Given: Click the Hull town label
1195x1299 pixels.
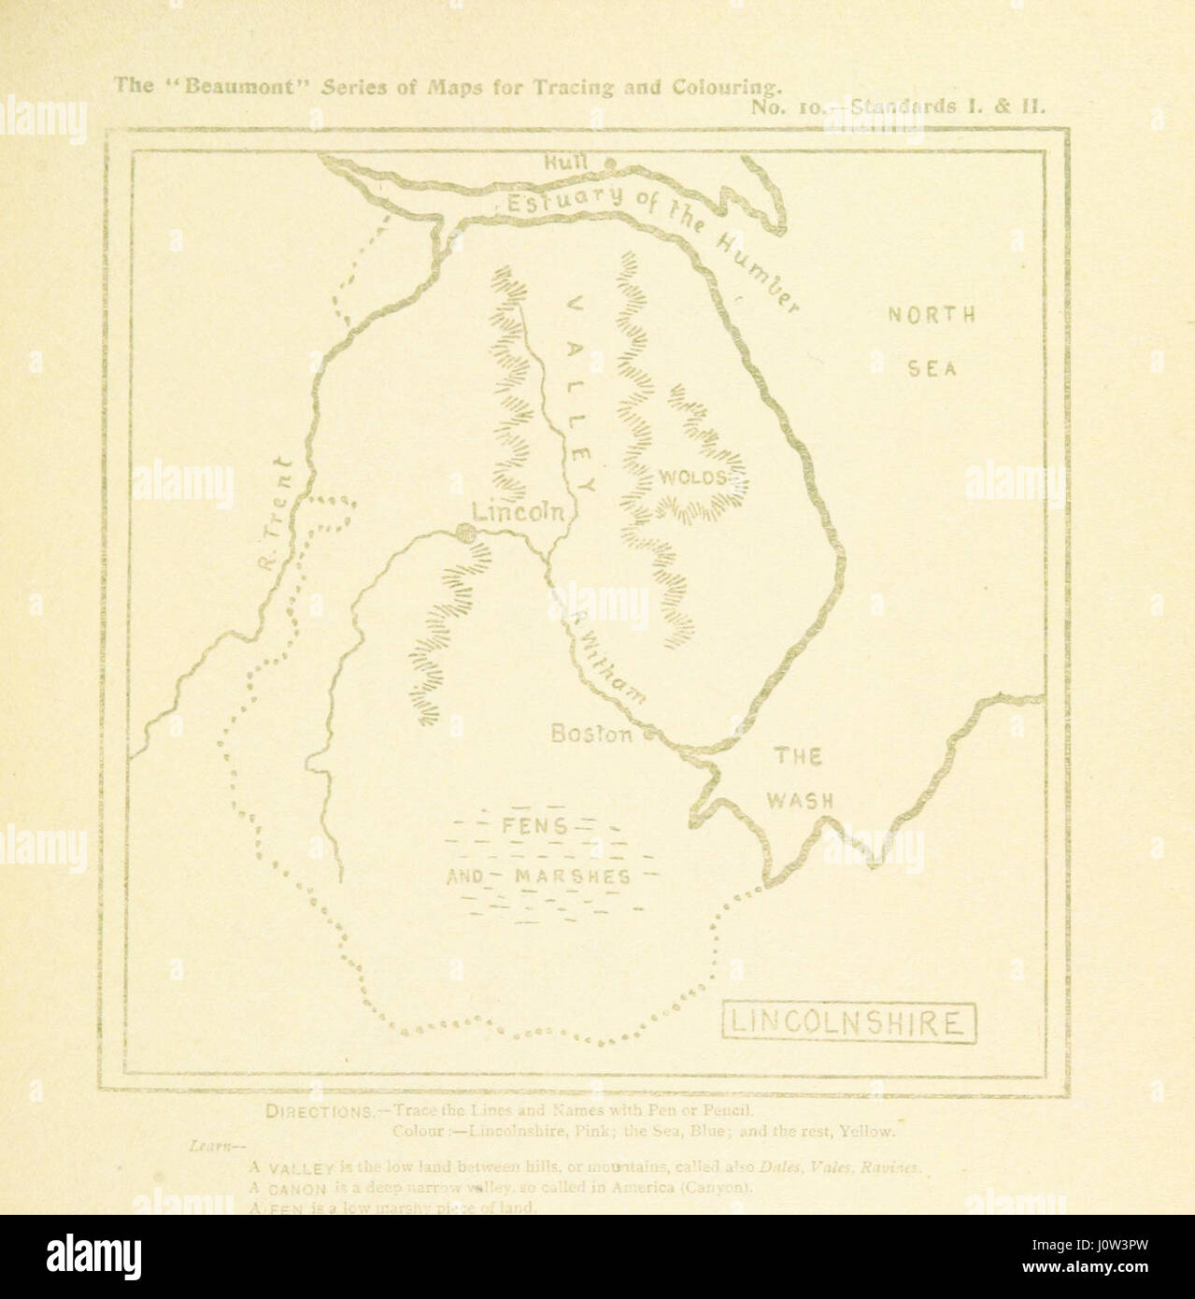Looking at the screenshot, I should (566, 161).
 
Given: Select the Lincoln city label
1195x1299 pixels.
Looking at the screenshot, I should (518, 511).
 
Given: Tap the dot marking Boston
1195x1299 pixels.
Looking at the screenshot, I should (647, 735).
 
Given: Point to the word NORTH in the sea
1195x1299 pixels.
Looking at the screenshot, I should (931, 315).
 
